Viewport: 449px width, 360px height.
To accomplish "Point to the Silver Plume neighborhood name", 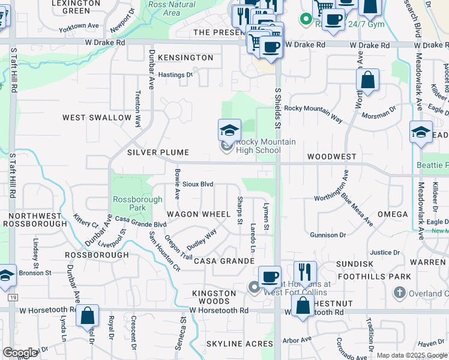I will coord(158,153).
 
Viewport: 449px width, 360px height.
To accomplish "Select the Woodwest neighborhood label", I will coord(331,156).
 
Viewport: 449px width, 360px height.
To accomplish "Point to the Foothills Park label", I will coord(374,277).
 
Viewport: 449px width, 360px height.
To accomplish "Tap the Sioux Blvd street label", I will coord(198,184).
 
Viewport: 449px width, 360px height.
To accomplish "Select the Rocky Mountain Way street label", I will coord(313,113).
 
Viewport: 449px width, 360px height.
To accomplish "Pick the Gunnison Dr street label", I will coord(328,235).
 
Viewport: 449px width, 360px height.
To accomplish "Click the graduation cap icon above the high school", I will coord(229,130).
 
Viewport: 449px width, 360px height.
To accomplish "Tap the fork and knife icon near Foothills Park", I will coord(305,272).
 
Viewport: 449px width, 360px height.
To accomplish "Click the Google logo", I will coord(20,353).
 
